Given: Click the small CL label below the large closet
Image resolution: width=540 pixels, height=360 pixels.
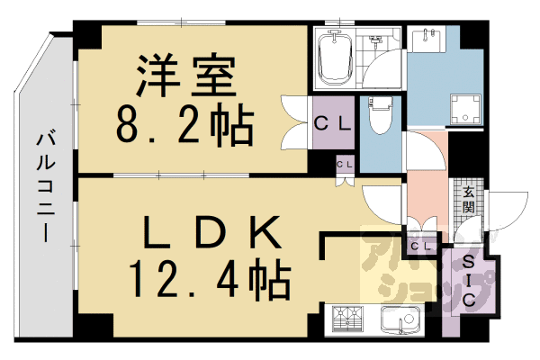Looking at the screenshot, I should point(345,165).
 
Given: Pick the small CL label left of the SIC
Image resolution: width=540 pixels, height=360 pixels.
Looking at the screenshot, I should point(419,246).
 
